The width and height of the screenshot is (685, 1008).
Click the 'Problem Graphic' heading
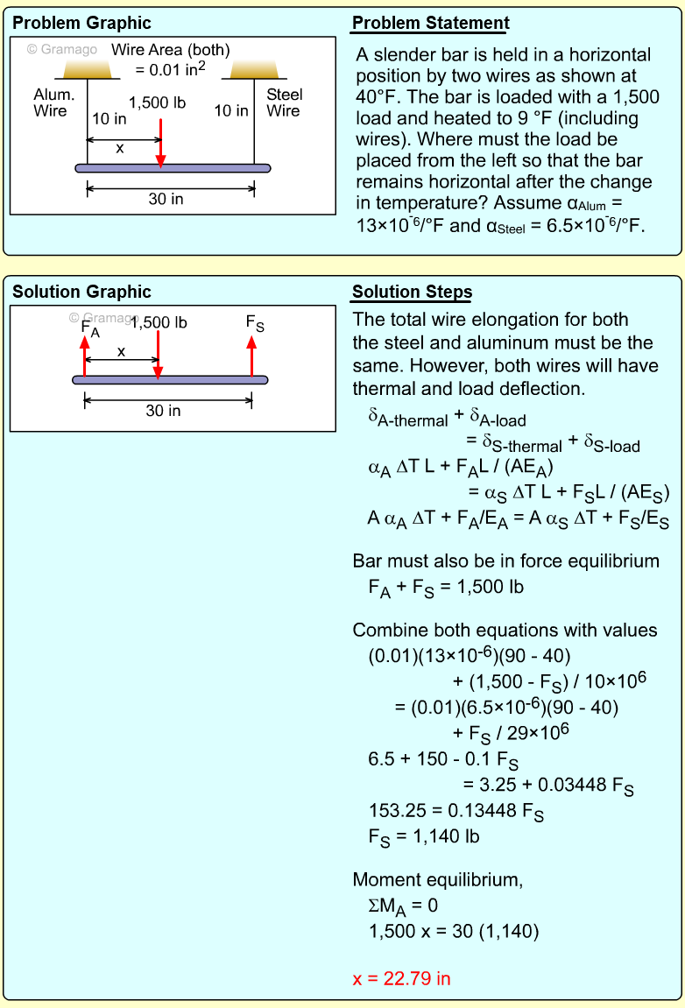pyautogui.click(x=81, y=24)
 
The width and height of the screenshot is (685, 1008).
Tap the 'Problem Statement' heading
pyautogui.click(x=430, y=24)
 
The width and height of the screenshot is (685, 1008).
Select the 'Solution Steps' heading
pyautogui.click(x=412, y=293)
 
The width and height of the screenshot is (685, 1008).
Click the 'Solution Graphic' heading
pyautogui.click(x=81, y=293)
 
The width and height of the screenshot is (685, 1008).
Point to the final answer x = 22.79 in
pyautogui.click(x=401, y=978)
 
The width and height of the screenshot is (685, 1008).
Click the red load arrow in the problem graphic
pyautogui.click(x=160, y=140)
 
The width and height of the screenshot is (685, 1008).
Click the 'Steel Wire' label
pyautogui.click(x=284, y=102)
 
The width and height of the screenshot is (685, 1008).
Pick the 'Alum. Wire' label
pyautogui.click(x=53, y=102)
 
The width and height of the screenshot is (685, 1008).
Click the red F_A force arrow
pyautogui.click(x=85, y=355)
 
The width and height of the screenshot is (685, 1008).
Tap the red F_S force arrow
pyautogui.click(x=252, y=355)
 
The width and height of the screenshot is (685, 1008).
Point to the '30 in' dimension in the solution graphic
pyautogui.click(x=163, y=411)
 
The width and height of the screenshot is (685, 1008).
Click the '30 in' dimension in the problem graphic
pyautogui.click(x=166, y=199)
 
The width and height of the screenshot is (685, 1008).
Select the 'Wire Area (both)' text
pyautogui.click(x=170, y=50)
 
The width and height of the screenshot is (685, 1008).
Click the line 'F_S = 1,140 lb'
pyautogui.click(x=424, y=836)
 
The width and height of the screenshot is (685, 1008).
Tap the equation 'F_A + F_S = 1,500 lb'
pyautogui.click(x=446, y=588)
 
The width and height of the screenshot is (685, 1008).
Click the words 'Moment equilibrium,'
pyautogui.click(x=437, y=880)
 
